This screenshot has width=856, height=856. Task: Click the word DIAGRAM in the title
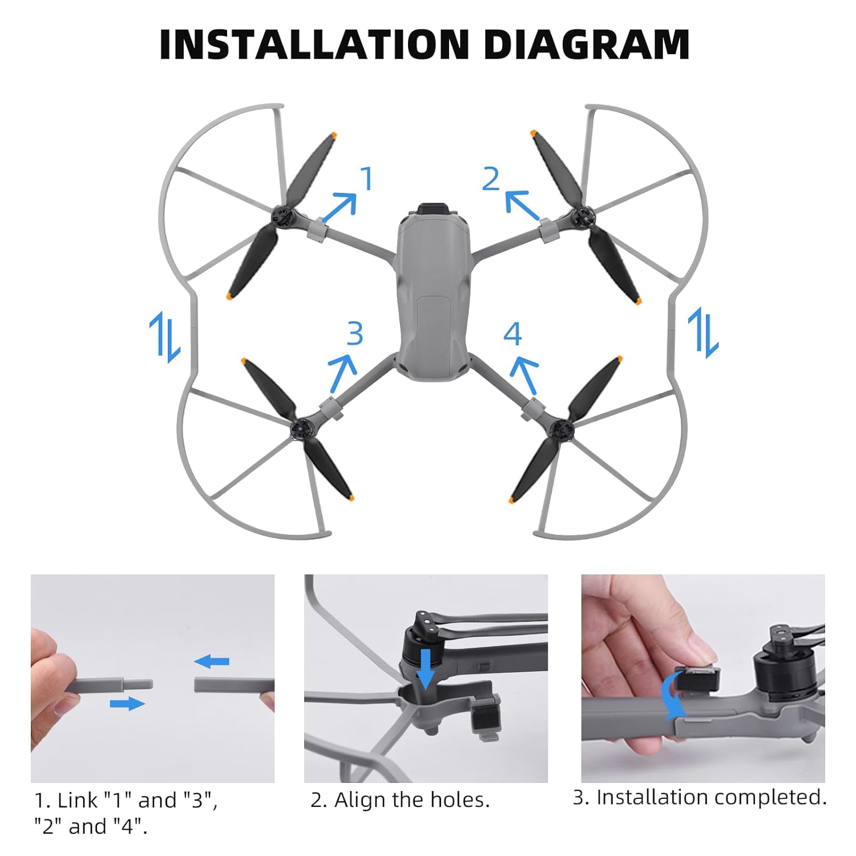point(587,44)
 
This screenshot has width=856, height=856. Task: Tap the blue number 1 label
point(366,179)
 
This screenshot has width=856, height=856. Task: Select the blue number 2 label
point(491,179)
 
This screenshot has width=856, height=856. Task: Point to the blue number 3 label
point(354,333)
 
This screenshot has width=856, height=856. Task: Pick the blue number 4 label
point(512,333)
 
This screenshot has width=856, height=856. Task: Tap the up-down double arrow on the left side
point(165,337)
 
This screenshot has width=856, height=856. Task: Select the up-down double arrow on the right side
point(703,333)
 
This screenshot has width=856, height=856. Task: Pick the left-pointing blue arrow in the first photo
point(212,662)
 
